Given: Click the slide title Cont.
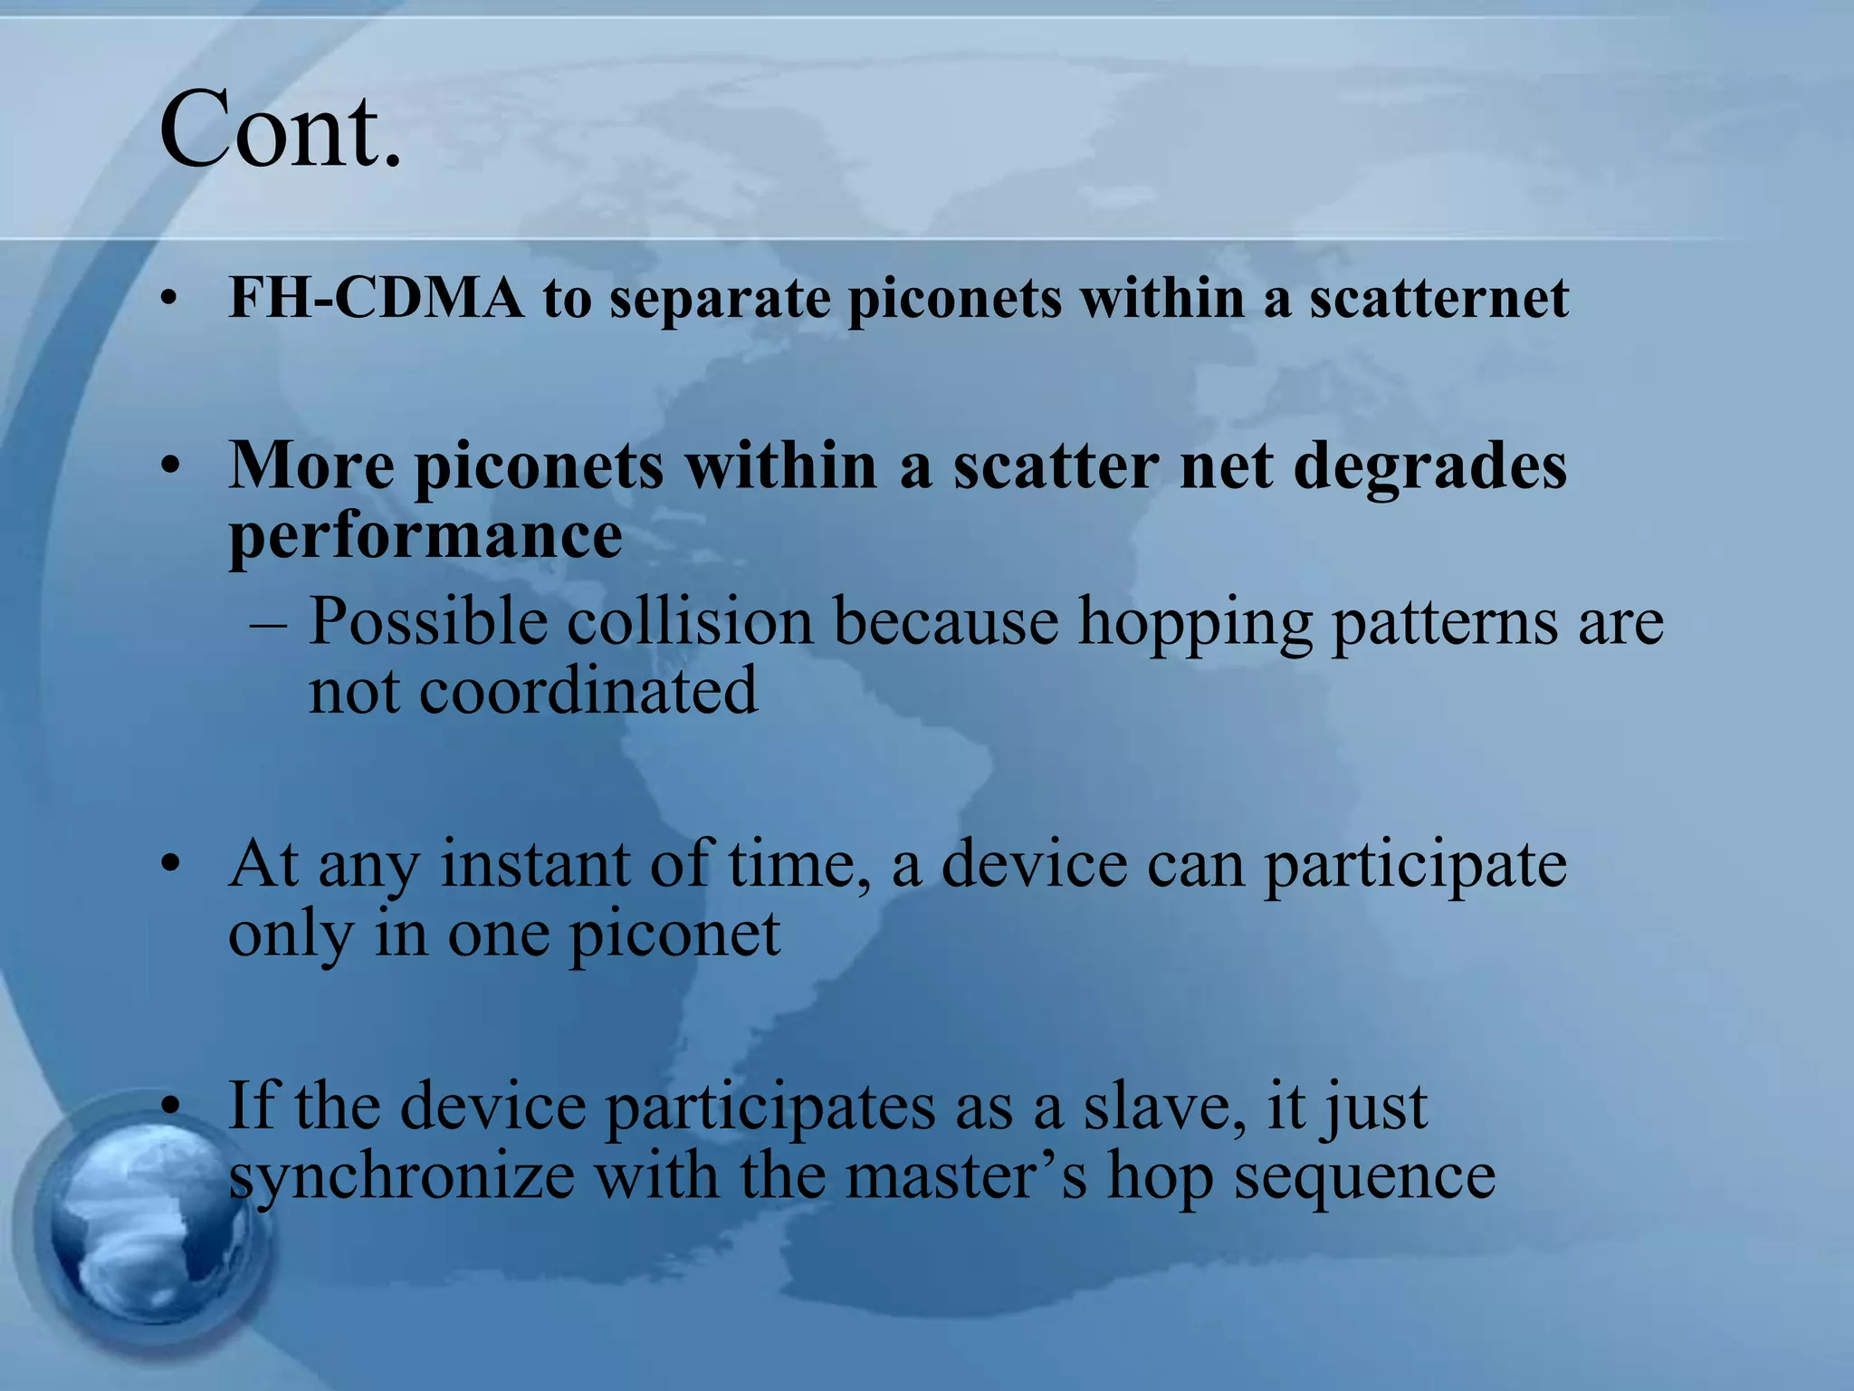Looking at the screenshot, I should coord(280,130).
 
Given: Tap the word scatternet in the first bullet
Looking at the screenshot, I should coord(1438,298).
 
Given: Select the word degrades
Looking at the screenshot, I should coord(1429,466).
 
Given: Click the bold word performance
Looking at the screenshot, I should coord(425,537).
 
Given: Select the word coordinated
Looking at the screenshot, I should coord(588,691).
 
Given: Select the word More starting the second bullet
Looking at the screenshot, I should coord(311,466).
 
